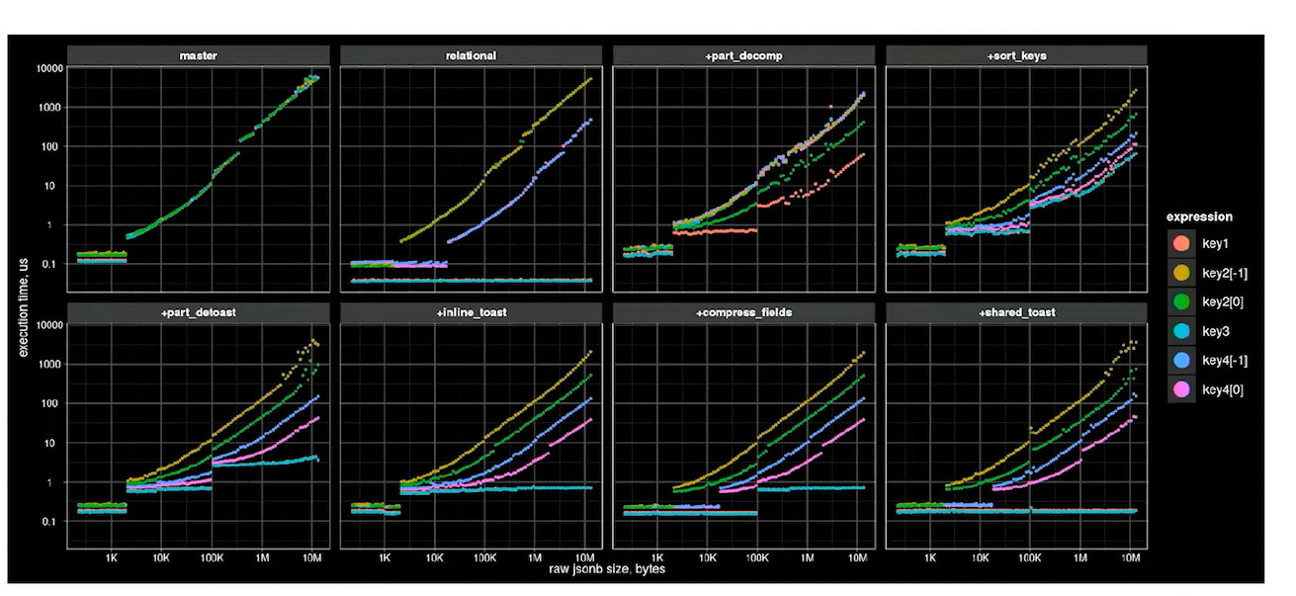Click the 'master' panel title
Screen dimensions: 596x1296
(199, 55)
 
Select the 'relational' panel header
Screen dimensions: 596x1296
(470, 55)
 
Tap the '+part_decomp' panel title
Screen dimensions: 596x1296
(744, 55)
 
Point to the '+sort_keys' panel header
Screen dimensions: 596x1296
(1016, 55)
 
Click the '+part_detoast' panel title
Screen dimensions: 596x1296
(199, 312)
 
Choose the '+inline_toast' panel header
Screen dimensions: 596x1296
(470, 312)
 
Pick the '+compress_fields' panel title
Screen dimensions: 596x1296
(744, 312)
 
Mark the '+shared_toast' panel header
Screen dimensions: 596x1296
(1016, 312)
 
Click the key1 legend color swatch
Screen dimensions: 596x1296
(1180, 243)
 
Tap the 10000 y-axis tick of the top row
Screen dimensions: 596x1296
(49, 68)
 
